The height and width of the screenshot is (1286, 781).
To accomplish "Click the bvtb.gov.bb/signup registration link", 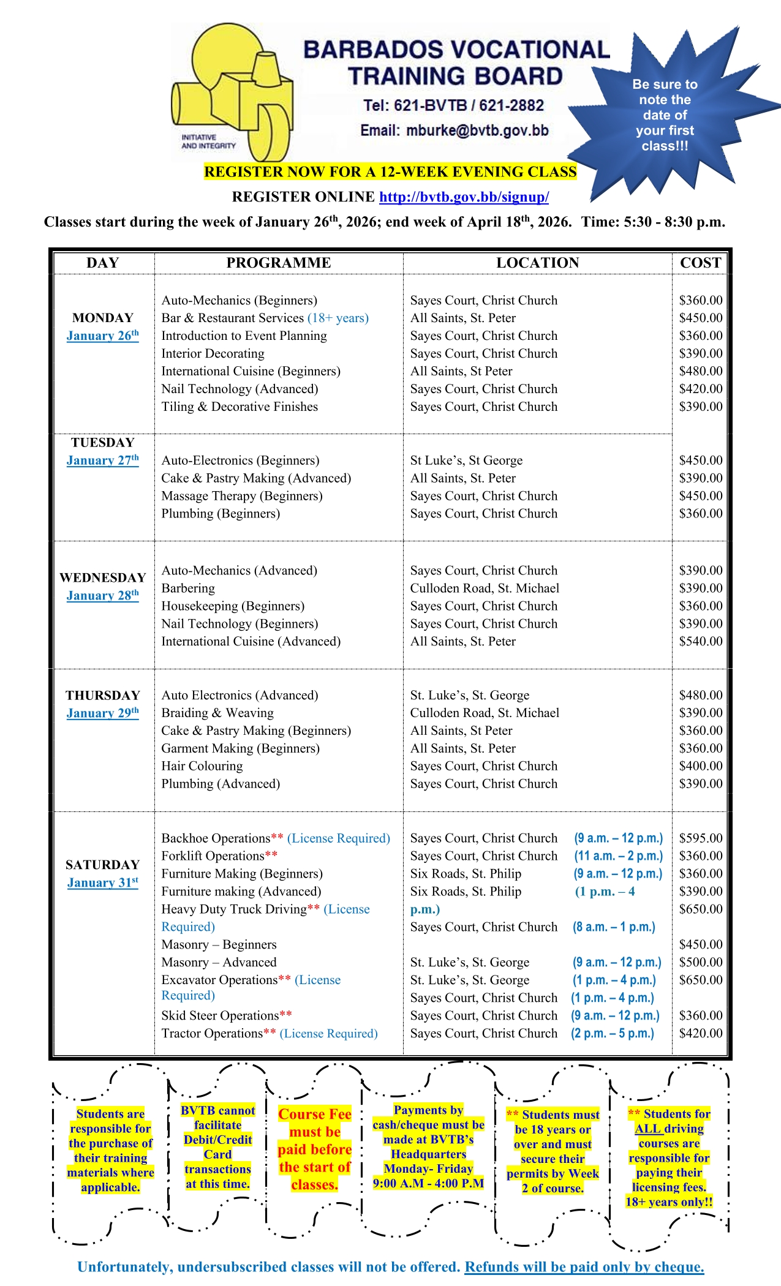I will point(464,197).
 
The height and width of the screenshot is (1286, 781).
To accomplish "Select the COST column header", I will point(700,263).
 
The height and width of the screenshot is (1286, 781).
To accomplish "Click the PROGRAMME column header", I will point(278,263).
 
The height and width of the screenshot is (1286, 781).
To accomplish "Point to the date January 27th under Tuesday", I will point(102,461).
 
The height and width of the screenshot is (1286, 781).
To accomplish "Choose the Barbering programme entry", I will point(188,588).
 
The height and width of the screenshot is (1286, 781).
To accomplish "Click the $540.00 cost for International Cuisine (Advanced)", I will point(700,642).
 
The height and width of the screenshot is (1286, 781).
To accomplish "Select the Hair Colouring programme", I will point(202,766).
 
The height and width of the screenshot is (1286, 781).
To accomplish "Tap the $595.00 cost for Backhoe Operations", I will point(700,838).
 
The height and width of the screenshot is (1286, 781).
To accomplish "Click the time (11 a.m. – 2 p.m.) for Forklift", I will point(618,856).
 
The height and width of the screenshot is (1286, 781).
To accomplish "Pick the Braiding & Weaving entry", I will point(217,713).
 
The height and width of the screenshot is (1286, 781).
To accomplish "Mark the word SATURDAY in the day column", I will point(102,865).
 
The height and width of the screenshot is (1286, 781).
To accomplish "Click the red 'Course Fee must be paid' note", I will point(314,1149).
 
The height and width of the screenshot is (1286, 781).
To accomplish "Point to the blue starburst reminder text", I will point(665,115).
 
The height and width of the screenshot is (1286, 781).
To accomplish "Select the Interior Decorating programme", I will point(213,353).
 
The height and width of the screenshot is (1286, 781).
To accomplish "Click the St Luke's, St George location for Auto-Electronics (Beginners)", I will point(466,461).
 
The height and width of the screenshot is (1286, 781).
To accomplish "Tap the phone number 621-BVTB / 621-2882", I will point(453,105).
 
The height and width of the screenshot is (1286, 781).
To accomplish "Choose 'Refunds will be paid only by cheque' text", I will point(584,1267).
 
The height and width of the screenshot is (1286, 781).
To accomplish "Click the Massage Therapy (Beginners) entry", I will point(241,496).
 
